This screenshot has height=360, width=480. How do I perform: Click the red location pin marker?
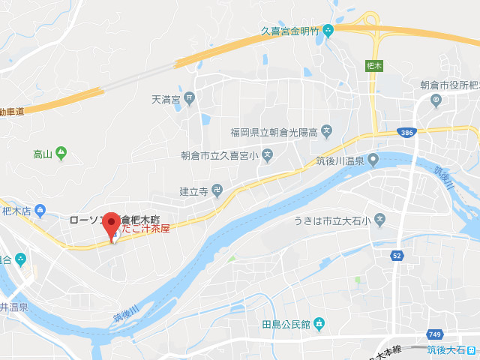click(x=112, y=226)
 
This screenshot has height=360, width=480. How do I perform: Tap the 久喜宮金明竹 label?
click(x=289, y=31)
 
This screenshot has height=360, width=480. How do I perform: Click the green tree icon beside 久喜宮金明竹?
click(x=328, y=31)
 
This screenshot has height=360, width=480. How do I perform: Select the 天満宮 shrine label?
click(x=166, y=97)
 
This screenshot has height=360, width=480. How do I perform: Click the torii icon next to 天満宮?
click(x=190, y=97)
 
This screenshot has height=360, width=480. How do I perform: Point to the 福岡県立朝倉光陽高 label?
click(x=274, y=132)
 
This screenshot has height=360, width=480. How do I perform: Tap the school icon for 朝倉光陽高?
click(x=326, y=132)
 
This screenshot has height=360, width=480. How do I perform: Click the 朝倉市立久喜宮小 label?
click(x=219, y=156)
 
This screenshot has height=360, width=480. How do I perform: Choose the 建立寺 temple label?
click(x=193, y=191)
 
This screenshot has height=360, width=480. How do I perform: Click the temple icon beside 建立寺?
click(x=217, y=190)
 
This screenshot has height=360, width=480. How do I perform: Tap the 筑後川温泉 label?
click(x=339, y=160)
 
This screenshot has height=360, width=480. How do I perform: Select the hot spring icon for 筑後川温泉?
click(x=373, y=160)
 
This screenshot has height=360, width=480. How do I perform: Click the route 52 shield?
click(x=395, y=256)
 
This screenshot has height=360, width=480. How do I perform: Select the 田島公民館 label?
click(x=286, y=324)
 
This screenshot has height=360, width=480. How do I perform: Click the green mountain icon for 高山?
click(x=61, y=154)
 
